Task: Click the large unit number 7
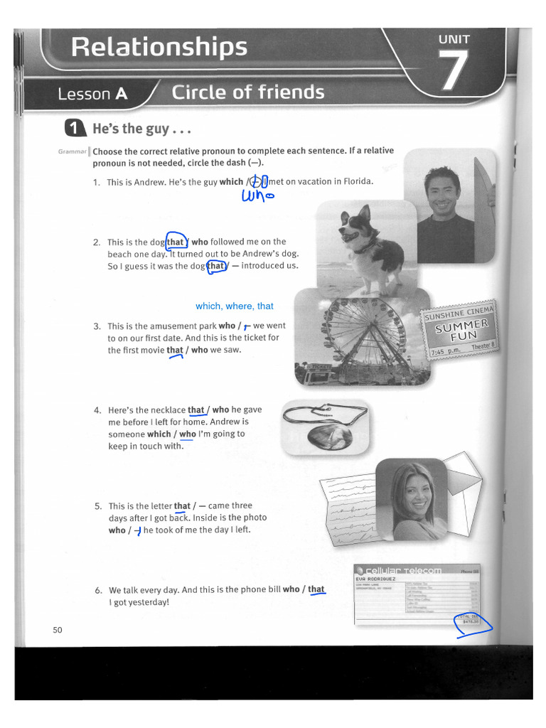pyautogui.click(x=454, y=71)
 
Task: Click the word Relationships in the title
pyautogui.click(x=159, y=48)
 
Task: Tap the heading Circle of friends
pyautogui.click(x=247, y=92)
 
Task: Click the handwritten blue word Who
pyautogui.click(x=257, y=196)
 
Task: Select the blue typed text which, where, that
pyautogui.click(x=235, y=306)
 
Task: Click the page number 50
pyautogui.click(x=58, y=630)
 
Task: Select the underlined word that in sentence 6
pyautogui.click(x=316, y=589)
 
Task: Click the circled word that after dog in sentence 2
pyautogui.click(x=176, y=242)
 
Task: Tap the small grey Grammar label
pyautogui.click(x=73, y=151)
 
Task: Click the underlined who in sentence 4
pyautogui.click(x=187, y=434)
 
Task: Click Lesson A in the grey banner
pyautogui.click(x=92, y=95)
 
